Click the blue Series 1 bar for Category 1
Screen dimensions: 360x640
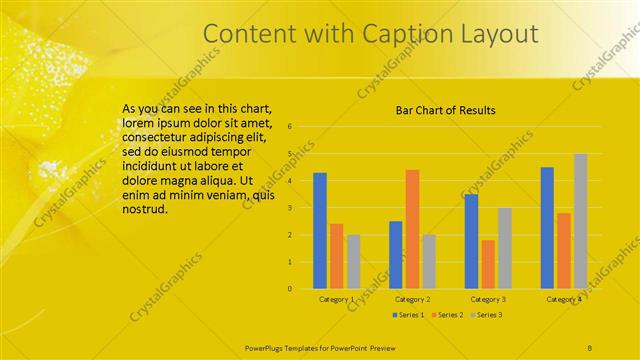320,231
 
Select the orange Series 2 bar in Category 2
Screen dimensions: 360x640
412,229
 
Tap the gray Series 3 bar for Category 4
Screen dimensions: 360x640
580,221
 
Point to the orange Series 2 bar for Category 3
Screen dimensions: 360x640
488,264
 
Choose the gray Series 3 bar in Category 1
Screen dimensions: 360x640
354,262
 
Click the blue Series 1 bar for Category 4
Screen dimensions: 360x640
547,228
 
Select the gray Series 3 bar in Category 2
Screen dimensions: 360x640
429,262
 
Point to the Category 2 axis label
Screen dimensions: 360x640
413,299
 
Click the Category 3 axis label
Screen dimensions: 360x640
488,299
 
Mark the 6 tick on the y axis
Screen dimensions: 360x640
289,127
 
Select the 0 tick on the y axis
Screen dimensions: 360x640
289,289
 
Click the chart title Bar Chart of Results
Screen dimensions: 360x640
446,110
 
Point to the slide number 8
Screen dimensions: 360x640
591,346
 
